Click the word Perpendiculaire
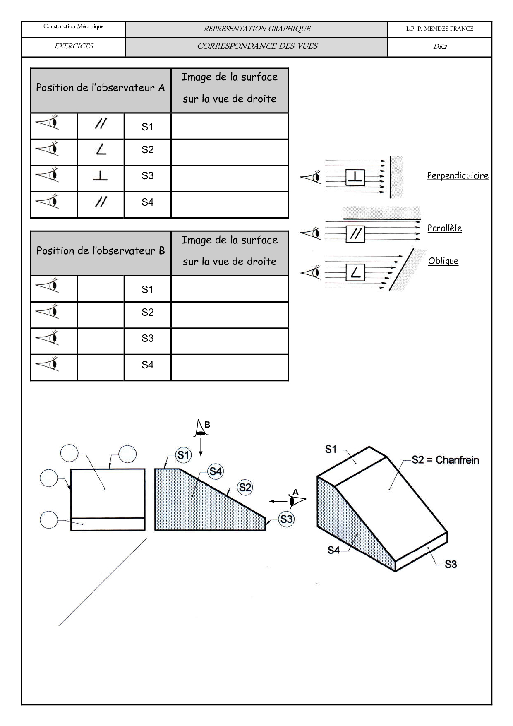coord(458,175)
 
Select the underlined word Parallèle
coord(444,228)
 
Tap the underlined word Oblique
coord(443,261)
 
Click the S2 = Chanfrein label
coord(445,460)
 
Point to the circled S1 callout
coord(183,455)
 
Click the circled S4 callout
coord(216,471)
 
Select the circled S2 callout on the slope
coord(245,487)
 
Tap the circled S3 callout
coord(286,519)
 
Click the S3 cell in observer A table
coord(147,176)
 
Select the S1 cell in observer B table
coord(147,289)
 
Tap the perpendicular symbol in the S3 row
coord(100,176)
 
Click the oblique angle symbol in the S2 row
coord(101,150)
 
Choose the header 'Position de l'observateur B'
coord(101,251)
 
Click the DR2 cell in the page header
coord(440,47)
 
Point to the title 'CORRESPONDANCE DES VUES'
coord(257,46)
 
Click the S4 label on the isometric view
coord(333,550)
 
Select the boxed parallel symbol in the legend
coord(355,234)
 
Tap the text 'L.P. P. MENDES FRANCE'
coord(439,29)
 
